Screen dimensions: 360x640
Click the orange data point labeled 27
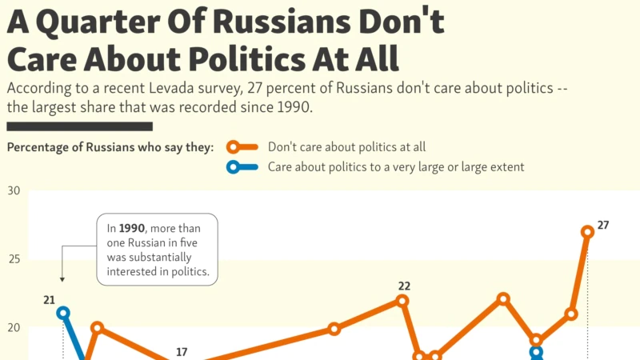pos(588,232)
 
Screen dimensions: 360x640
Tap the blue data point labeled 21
pos(63,313)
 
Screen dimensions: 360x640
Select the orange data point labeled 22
pos(402,301)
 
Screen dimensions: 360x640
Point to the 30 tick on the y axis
pos(14,191)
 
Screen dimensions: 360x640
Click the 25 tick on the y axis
pos(14,260)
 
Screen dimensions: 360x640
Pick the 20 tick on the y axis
pos(14,328)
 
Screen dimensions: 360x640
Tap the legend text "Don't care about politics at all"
pos(347,147)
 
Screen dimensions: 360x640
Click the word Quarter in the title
pos(110,23)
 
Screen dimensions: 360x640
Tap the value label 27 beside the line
pos(603,225)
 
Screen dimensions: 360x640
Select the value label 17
pos(182,352)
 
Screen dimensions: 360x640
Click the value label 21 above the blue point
pos(50,300)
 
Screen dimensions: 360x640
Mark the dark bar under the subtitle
pos(79,126)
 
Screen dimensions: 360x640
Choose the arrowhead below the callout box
pos(62,279)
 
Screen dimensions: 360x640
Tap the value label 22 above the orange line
pos(404,286)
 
